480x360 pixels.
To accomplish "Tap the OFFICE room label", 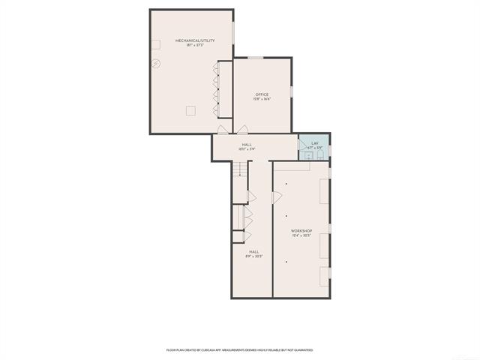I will click(262, 94).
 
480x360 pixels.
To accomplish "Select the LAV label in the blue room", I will click(315, 142).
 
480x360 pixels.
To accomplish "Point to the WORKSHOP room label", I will click(301, 230).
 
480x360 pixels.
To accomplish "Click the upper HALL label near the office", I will click(246, 144).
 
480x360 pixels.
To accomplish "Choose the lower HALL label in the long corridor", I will click(254, 252).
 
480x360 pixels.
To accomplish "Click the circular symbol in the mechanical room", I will click(157, 63).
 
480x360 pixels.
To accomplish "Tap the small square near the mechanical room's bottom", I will click(190, 110).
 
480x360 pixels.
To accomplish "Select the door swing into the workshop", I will click(277, 197).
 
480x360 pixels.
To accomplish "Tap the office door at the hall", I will click(241, 129).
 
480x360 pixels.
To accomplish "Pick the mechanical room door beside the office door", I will click(222, 129).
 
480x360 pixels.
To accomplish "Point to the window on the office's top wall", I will click(256, 57).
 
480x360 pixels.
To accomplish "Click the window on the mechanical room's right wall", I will click(232, 31).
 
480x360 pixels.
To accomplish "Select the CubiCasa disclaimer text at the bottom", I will click(240, 349).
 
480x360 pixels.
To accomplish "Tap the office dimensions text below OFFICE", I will click(262, 99).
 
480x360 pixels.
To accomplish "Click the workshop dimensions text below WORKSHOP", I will click(301, 235).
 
